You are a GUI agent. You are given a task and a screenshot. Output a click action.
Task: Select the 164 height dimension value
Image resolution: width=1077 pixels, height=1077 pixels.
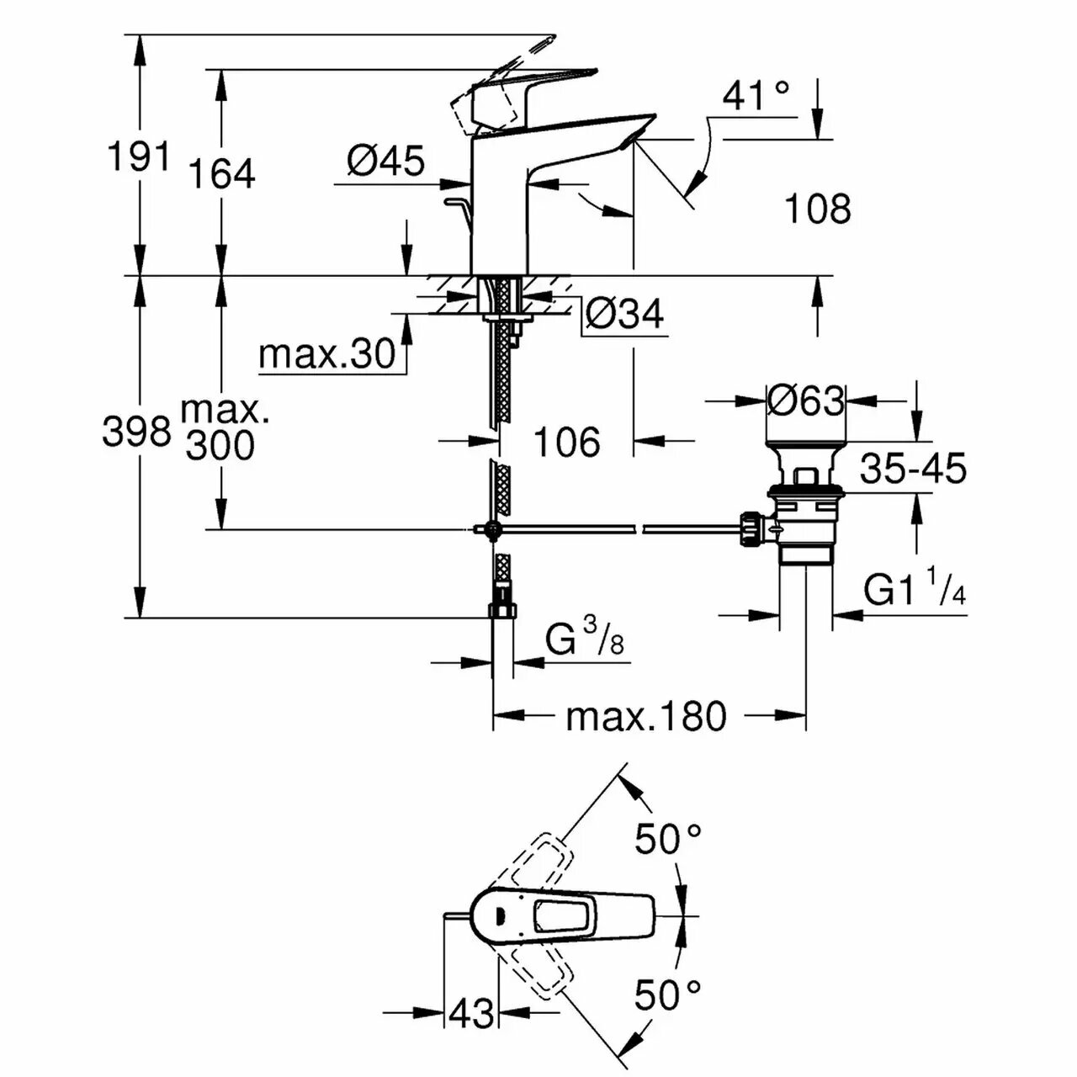[221, 174]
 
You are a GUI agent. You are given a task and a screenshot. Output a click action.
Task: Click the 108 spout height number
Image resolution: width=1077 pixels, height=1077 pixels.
[817, 208]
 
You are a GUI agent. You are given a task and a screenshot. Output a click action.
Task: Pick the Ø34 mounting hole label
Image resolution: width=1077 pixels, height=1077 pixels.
[624, 314]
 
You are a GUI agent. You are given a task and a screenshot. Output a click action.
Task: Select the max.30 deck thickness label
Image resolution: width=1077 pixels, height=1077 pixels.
[326, 354]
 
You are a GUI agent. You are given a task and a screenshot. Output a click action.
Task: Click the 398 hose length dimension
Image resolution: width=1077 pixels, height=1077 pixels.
[136, 432]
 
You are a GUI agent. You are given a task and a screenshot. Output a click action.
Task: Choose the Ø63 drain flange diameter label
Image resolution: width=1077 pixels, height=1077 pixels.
[805, 401]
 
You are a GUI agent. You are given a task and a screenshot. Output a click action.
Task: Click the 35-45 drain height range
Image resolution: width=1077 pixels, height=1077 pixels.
[913, 469]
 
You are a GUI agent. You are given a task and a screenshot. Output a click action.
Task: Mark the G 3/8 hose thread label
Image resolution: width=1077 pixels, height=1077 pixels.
[584, 641]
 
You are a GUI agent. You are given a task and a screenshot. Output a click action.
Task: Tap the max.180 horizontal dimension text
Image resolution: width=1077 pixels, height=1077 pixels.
[645, 717]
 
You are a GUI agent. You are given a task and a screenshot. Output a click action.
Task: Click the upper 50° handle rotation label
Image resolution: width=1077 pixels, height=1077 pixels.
[668, 839]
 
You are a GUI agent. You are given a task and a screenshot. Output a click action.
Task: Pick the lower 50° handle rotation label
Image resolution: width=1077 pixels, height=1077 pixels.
[668, 995]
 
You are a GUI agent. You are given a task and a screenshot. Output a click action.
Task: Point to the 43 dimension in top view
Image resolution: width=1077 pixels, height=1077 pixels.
[471, 1013]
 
